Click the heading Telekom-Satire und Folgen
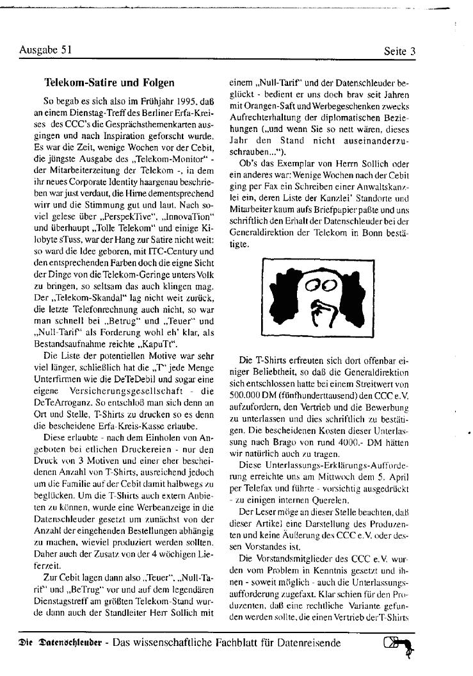(108, 83)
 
